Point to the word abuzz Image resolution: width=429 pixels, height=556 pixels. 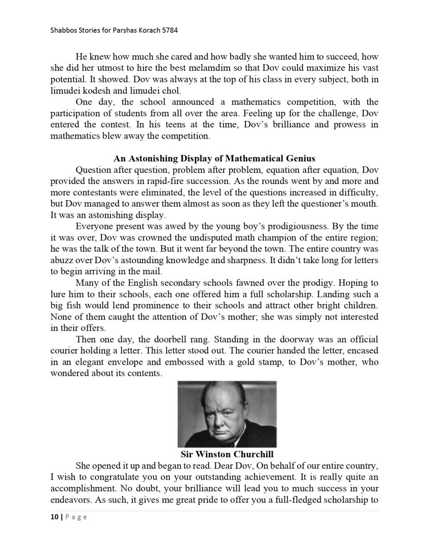62,260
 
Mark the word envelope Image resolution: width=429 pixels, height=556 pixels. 138,362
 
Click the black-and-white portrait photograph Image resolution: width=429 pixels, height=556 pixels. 227,414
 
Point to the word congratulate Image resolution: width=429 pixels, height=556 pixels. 109,477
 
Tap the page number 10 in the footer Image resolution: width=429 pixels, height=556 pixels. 54,517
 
